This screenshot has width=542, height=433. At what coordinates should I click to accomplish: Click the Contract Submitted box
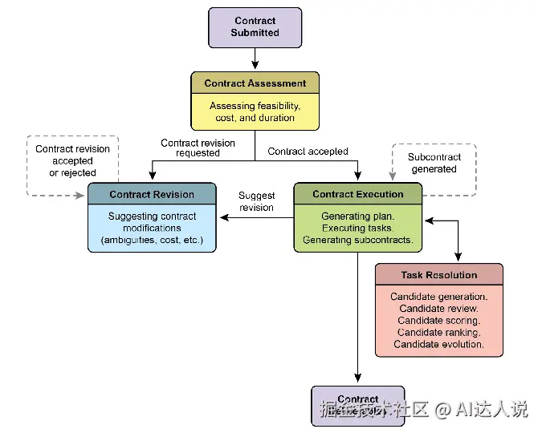coord(255,27)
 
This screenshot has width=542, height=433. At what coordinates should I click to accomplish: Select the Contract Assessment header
coord(255,83)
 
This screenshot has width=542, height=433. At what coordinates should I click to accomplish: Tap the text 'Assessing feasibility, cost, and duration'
coord(255,111)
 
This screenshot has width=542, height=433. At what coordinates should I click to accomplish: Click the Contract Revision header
coord(152,194)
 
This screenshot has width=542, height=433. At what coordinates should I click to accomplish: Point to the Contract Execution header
coord(357,194)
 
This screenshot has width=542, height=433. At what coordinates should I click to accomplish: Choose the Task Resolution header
coord(438,275)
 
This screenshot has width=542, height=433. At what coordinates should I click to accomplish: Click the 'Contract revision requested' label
coord(198,148)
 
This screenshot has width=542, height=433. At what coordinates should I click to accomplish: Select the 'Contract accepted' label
coord(308,152)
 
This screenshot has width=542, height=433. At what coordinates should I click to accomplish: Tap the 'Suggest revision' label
coord(256,201)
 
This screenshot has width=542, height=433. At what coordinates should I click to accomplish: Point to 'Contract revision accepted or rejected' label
coord(72,161)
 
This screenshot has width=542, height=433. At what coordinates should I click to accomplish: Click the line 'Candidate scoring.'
coord(438,321)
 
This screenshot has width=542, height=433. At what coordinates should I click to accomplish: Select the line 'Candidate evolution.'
coord(438,345)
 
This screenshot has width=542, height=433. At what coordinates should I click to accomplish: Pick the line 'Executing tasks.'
coord(357,229)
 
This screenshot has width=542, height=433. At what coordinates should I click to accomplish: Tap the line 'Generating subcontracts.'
coord(357,240)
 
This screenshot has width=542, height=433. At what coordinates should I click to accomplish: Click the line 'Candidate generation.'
coord(438,297)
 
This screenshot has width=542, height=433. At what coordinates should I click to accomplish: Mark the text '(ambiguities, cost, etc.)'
coord(152,240)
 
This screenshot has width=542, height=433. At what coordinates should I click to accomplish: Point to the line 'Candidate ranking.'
coord(438,333)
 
